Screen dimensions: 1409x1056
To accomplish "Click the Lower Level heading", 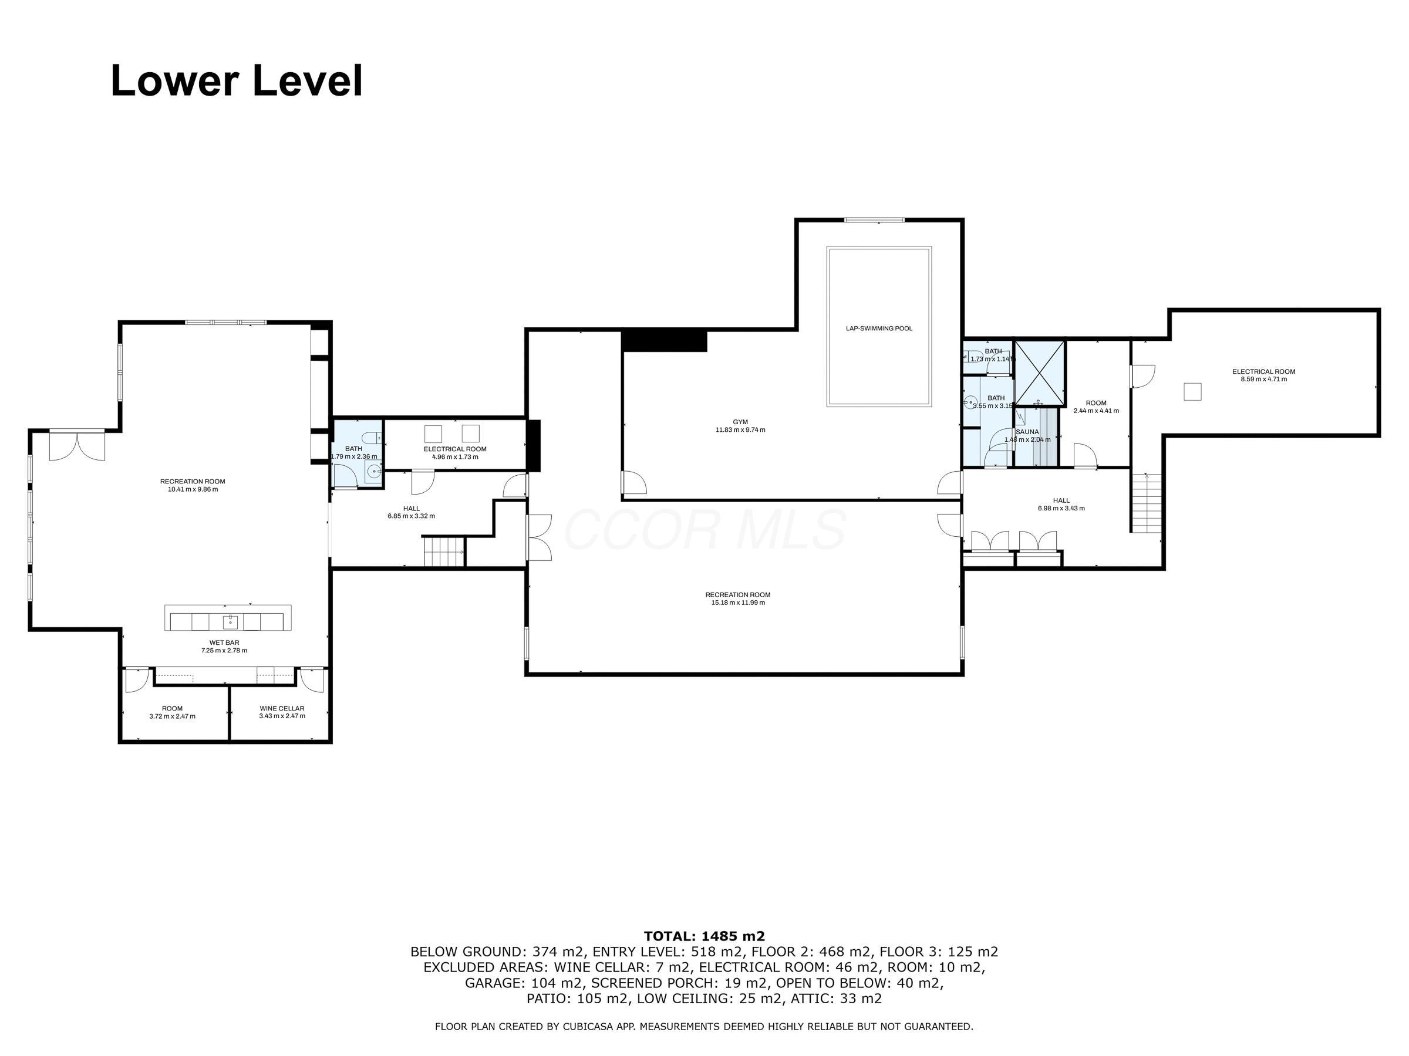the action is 237,81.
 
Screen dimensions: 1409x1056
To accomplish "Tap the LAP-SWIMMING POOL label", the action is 879,329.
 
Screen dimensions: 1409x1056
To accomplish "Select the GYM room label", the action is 740,422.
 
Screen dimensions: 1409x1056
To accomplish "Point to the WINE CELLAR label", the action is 282,709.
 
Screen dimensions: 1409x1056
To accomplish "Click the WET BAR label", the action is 224,643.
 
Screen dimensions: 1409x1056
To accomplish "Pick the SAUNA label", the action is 1027,432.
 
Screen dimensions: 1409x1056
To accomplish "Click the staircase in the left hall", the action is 445,551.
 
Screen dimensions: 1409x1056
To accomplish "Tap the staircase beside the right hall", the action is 1147,503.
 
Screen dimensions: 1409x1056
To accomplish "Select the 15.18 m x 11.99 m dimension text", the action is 739,603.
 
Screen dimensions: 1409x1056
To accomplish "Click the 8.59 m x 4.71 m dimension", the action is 1264,380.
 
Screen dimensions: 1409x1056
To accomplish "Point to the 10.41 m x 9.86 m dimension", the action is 193,489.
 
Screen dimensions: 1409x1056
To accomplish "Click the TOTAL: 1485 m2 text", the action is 704,936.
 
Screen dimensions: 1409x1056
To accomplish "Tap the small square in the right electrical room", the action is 1192,391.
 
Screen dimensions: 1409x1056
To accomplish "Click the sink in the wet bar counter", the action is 230,621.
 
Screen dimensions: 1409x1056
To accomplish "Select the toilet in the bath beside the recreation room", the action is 374,437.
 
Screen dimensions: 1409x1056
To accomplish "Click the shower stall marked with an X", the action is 1040,374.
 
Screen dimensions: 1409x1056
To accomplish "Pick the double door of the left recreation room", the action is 77,445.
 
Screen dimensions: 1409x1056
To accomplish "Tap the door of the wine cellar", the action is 312,679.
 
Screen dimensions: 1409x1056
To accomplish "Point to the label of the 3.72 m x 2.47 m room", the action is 172,709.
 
